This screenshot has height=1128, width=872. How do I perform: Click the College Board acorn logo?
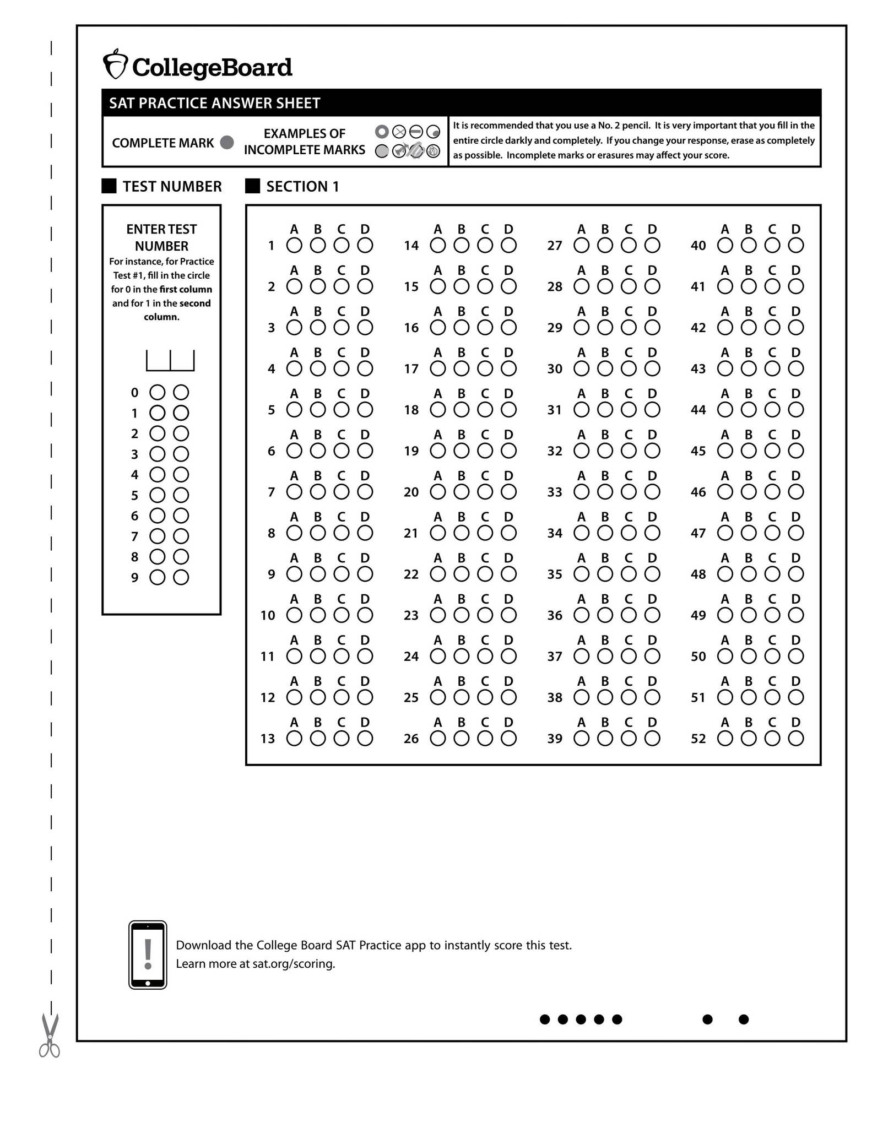(x=115, y=65)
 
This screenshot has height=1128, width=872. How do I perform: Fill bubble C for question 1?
(x=342, y=246)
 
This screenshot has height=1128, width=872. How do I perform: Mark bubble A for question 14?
(x=438, y=246)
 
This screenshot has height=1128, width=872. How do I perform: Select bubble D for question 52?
(x=795, y=739)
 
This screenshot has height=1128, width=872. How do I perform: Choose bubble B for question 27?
(x=605, y=246)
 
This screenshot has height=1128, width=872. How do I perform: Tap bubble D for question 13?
(x=365, y=739)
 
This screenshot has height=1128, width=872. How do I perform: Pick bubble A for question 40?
(x=725, y=246)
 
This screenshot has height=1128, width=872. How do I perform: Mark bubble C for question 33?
(x=629, y=492)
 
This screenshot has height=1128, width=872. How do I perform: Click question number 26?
(x=411, y=739)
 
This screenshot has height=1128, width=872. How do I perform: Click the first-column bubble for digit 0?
(x=158, y=393)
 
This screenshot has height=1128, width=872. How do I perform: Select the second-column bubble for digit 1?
(x=181, y=413)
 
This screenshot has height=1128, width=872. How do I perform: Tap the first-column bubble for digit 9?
(x=158, y=578)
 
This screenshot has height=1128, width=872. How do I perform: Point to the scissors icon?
(x=50, y=1035)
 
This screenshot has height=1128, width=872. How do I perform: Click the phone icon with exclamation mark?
(x=148, y=955)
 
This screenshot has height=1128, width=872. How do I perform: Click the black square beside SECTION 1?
(x=252, y=186)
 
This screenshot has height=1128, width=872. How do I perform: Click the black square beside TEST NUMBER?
(x=109, y=186)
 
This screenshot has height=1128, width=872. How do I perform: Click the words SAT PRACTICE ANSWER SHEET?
(x=214, y=103)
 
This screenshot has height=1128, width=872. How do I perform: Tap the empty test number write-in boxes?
(x=170, y=361)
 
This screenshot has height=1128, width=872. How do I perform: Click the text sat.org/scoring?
(x=294, y=964)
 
